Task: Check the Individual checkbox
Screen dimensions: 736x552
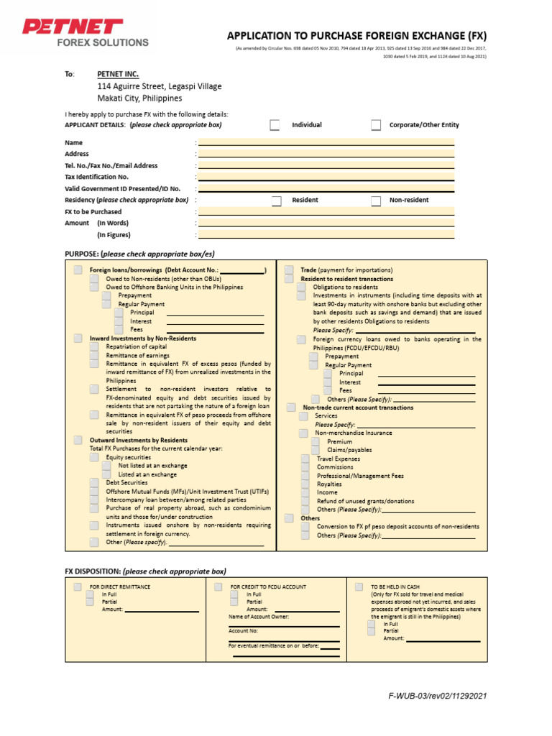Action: [x=275, y=125]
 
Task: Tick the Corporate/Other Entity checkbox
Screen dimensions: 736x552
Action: [x=376, y=125]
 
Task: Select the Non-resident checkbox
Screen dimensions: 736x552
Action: [x=376, y=201]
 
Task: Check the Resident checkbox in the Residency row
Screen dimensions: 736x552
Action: [x=276, y=201]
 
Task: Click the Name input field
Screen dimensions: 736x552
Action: [x=326, y=142]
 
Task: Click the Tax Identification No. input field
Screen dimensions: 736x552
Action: [x=326, y=177]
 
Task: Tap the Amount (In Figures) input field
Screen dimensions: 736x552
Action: [x=326, y=234]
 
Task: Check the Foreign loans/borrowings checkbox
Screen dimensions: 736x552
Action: [x=78, y=270]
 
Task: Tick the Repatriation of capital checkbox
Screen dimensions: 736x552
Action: [x=94, y=346]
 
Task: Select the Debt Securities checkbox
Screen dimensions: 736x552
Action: [x=94, y=483]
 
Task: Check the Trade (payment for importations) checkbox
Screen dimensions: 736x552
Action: [x=289, y=270]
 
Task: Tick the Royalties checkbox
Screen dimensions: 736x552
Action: [x=305, y=484]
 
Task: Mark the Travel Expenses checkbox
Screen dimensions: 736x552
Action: [x=305, y=459]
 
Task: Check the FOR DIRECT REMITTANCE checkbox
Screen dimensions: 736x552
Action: [x=77, y=587]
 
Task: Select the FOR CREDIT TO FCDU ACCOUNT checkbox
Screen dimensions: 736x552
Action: [x=218, y=587]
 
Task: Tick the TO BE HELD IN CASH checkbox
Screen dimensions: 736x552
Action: [x=359, y=587]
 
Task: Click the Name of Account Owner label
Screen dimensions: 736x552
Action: [x=259, y=617]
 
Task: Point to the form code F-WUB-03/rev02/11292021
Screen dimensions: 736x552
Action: [x=437, y=696]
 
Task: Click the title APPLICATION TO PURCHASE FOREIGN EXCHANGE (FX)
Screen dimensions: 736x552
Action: [x=356, y=35]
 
